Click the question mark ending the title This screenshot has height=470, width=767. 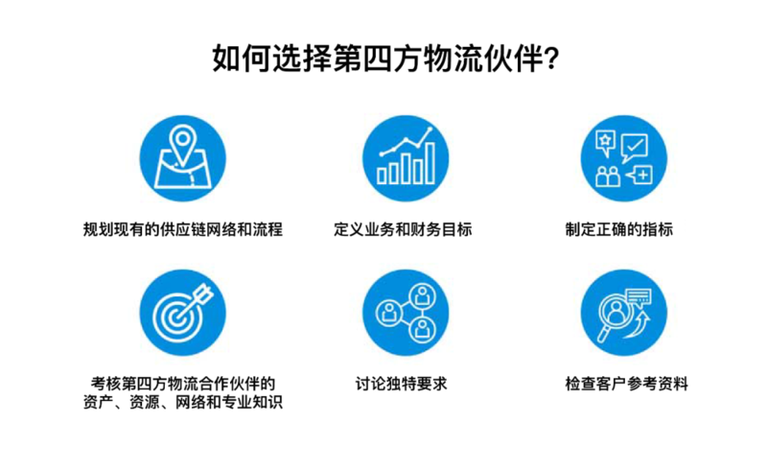click(550, 59)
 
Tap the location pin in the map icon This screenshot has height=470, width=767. click(182, 145)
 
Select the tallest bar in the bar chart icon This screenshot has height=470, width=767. click(430, 162)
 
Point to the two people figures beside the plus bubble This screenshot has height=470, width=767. click(608, 176)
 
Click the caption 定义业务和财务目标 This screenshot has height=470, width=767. click(403, 230)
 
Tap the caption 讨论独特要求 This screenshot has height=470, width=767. click(403, 385)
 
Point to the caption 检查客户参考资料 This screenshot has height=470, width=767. click(626, 385)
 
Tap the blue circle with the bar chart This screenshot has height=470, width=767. click(405, 155)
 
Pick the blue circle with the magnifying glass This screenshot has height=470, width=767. click(625, 311)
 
